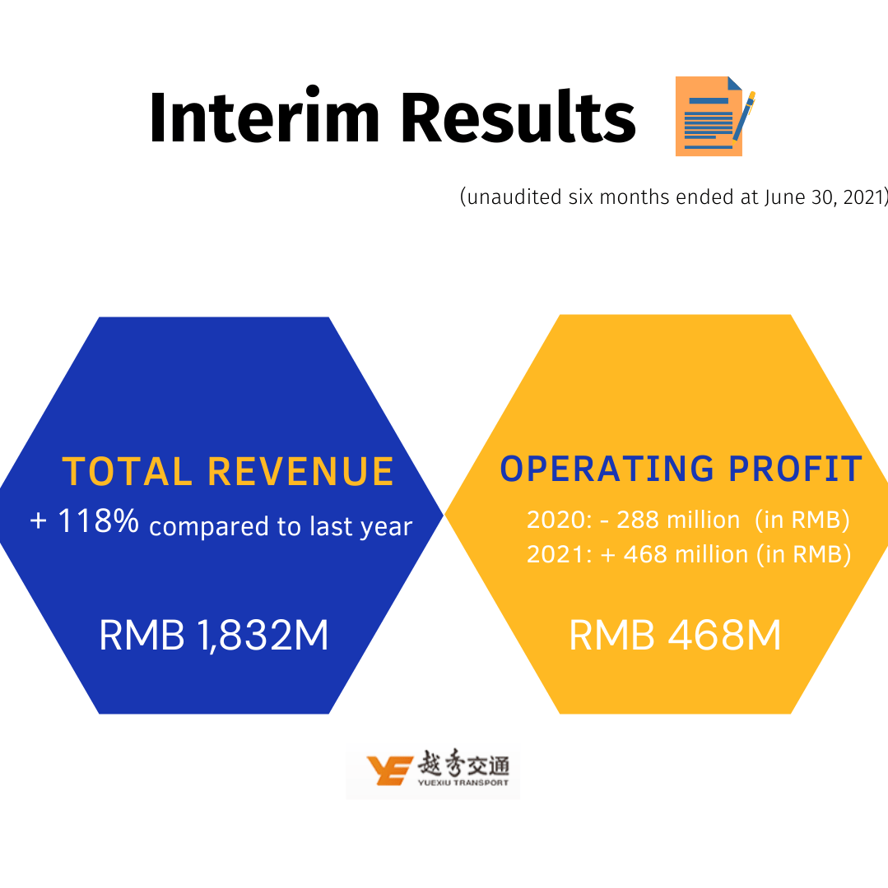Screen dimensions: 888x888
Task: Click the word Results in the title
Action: click(x=518, y=116)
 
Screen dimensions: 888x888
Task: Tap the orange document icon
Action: click(x=709, y=116)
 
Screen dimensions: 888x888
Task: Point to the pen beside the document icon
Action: click(x=744, y=116)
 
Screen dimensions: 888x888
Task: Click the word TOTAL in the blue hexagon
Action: click(x=127, y=471)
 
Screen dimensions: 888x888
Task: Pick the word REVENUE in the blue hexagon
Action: click(x=300, y=471)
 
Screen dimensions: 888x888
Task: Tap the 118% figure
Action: click(x=98, y=520)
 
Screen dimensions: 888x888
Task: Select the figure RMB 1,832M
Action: click(x=214, y=635)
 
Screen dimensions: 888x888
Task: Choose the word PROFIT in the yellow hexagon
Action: click(x=796, y=469)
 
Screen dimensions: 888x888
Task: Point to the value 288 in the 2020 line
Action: click(x=638, y=520)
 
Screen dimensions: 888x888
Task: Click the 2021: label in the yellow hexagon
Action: click(x=560, y=554)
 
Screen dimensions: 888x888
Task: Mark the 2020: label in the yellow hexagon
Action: click(x=560, y=520)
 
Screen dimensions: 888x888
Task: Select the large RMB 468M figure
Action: click(x=675, y=635)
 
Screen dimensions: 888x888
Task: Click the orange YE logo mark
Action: click(x=389, y=770)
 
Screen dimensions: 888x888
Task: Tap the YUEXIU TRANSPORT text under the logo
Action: click(x=463, y=783)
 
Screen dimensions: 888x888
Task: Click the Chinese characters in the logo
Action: click(x=463, y=763)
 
